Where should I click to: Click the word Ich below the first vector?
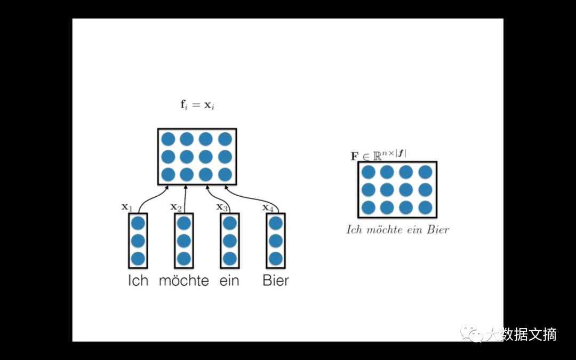(x=138, y=280)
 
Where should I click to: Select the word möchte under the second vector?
(x=183, y=280)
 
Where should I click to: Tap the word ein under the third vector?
(x=229, y=280)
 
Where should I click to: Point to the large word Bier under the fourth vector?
(x=276, y=280)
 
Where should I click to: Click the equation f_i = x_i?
(x=197, y=105)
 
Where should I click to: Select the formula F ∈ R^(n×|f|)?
(x=378, y=155)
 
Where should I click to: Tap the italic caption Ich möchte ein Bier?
(x=398, y=230)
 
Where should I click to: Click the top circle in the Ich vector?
(x=138, y=223)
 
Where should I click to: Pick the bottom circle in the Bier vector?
(x=276, y=259)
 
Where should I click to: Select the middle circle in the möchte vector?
(x=183, y=241)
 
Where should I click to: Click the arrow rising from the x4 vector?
(x=251, y=197)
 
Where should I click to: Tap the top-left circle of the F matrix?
(x=368, y=172)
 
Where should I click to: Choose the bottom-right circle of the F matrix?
(x=425, y=207)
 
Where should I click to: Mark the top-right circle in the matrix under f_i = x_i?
(x=225, y=139)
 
